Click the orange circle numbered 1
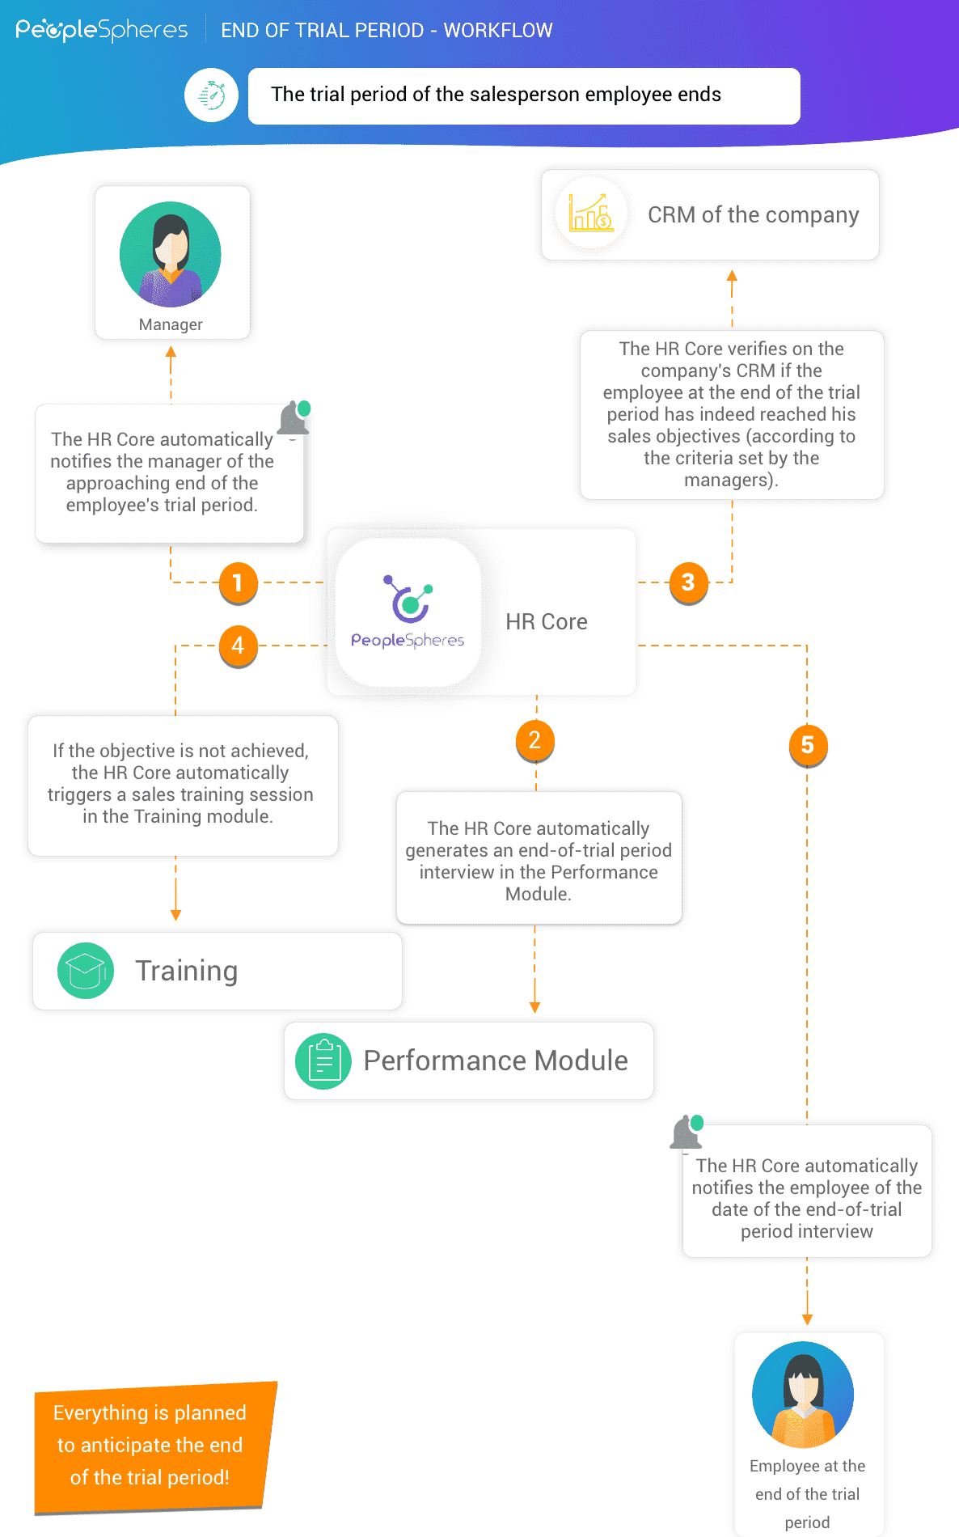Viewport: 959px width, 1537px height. (x=238, y=582)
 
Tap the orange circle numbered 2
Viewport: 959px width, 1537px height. (x=534, y=740)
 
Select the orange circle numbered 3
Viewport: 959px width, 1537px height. (x=688, y=582)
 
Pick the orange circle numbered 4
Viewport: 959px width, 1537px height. (x=238, y=646)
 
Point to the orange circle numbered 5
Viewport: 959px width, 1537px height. (x=807, y=745)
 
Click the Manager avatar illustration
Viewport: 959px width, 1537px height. (x=171, y=254)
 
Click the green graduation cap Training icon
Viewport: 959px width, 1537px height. (x=86, y=971)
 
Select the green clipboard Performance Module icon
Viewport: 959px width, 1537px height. (x=323, y=1061)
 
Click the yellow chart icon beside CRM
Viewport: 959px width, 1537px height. (x=591, y=214)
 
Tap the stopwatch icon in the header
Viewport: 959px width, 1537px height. (x=211, y=95)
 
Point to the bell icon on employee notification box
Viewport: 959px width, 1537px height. (x=687, y=1133)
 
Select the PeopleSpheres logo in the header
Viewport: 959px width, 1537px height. (x=102, y=31)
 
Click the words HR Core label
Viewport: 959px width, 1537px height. (x=547, y=621)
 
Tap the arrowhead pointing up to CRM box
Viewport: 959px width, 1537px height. (x=732, y=276)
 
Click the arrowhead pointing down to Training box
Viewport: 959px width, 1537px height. (x=175, y=915)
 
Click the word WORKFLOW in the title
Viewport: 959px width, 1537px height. (x=498, y=31)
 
